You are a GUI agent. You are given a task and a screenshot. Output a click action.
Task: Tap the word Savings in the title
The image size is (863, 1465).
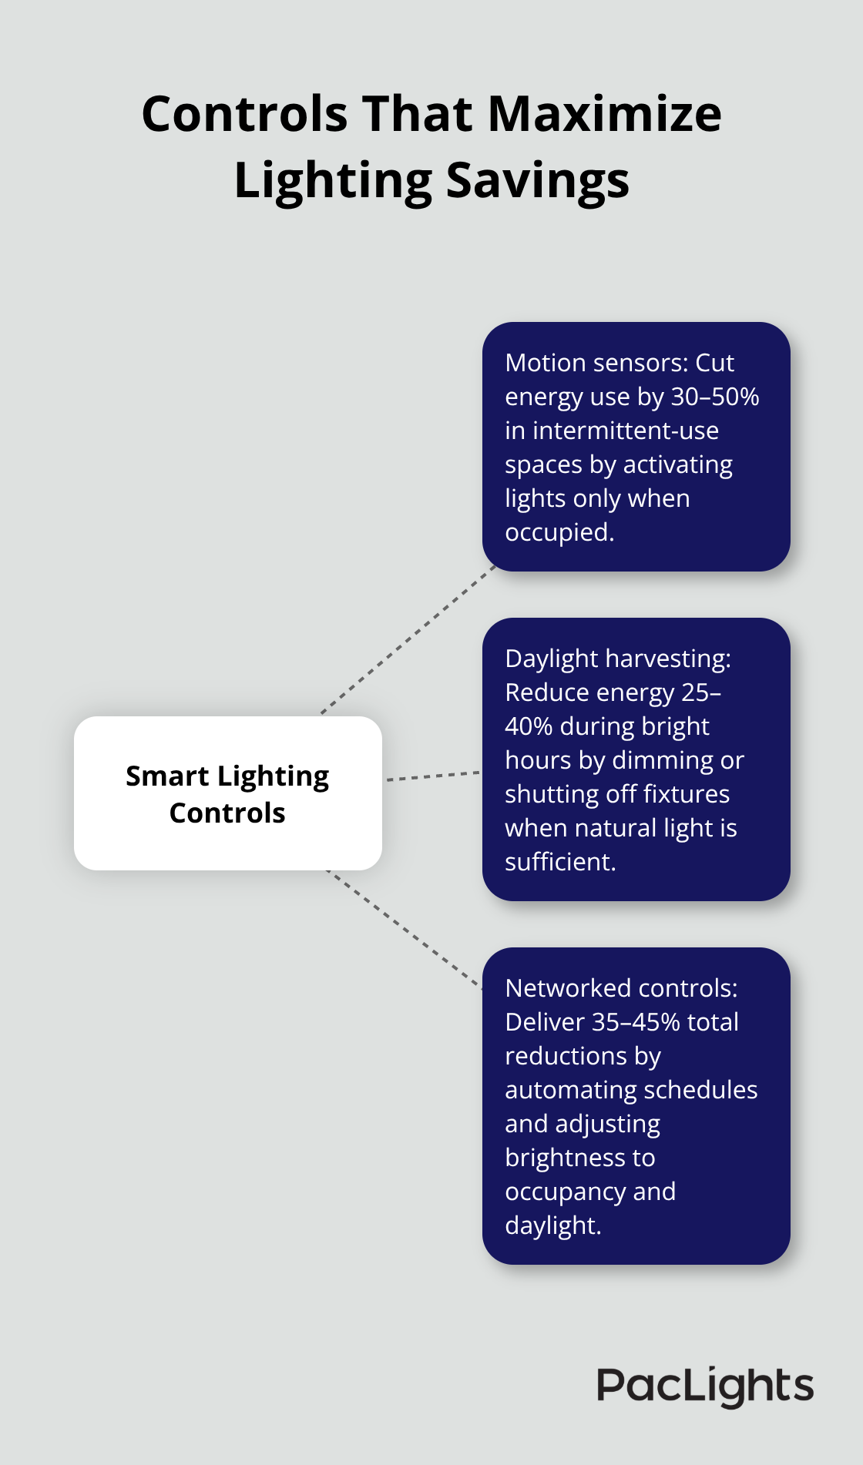[537, 180]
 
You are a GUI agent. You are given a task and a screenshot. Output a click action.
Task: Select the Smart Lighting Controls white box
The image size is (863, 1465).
[227, 793]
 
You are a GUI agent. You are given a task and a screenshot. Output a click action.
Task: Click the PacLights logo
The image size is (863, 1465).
[704, 1386]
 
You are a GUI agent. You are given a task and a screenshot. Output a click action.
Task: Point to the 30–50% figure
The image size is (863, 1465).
[714, 397]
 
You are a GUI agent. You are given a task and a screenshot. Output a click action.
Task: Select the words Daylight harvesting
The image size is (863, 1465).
[617, 659]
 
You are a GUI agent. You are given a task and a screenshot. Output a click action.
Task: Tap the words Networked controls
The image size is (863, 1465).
[620, 988]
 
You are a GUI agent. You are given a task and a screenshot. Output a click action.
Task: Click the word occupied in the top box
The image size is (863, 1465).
[559, 532]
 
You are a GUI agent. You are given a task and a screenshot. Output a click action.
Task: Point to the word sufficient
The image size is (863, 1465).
[559, 862]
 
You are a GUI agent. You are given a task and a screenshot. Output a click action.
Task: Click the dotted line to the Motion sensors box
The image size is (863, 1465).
[408, 639]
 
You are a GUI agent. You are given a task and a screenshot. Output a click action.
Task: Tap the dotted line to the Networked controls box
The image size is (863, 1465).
[405, 928]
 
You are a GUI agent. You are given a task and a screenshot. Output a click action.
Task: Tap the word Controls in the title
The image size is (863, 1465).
[244, 114]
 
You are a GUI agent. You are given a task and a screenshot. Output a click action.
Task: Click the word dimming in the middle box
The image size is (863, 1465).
[662, 760]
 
